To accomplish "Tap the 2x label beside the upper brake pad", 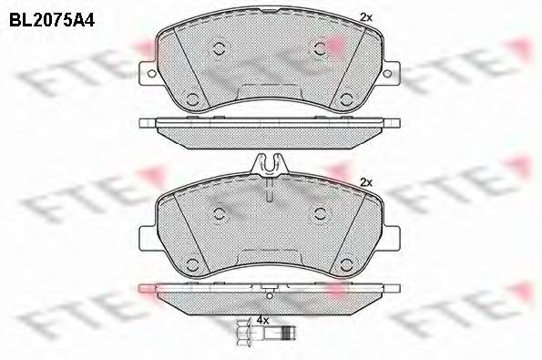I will click(x=366, y=16).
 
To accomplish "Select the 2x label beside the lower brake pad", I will click(x=366, y=183).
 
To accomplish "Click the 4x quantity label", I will click(x=262, y=321).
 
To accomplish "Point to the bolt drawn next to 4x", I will click(x=264, y=334).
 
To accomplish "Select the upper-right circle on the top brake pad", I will click(x=319, y=50).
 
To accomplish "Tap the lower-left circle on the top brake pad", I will click(x=192, y=99).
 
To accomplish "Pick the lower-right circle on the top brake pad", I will click(x=347, y=99).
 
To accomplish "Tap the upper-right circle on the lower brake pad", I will click(x=320, y=211).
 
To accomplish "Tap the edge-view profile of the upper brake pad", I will click(x=270, y=127).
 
